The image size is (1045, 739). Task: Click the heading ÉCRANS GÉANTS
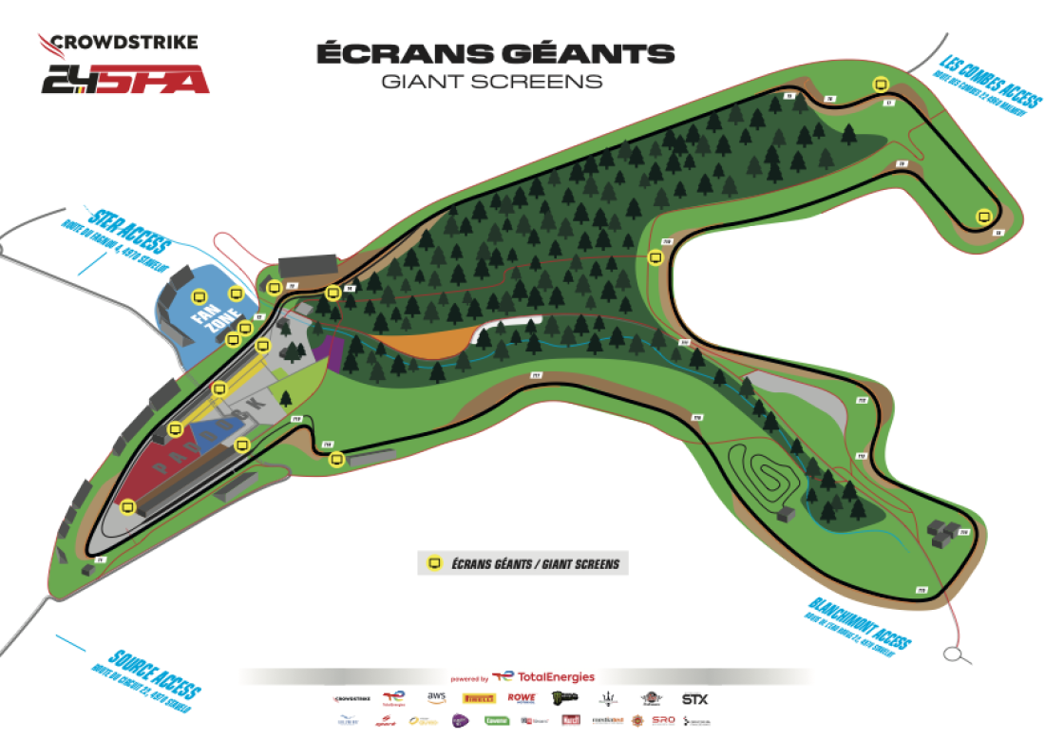coord(495,53)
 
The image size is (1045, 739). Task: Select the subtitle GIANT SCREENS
coord(491,82)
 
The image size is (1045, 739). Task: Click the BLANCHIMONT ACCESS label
coord(861,622)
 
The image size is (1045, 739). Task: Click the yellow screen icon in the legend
coord(435,563)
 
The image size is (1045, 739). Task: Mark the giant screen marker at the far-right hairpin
coord(983,217)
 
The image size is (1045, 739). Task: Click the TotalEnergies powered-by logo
coord(542,677)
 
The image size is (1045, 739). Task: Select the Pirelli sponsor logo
coord(477,698)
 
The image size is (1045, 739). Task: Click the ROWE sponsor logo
coord(522,698)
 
